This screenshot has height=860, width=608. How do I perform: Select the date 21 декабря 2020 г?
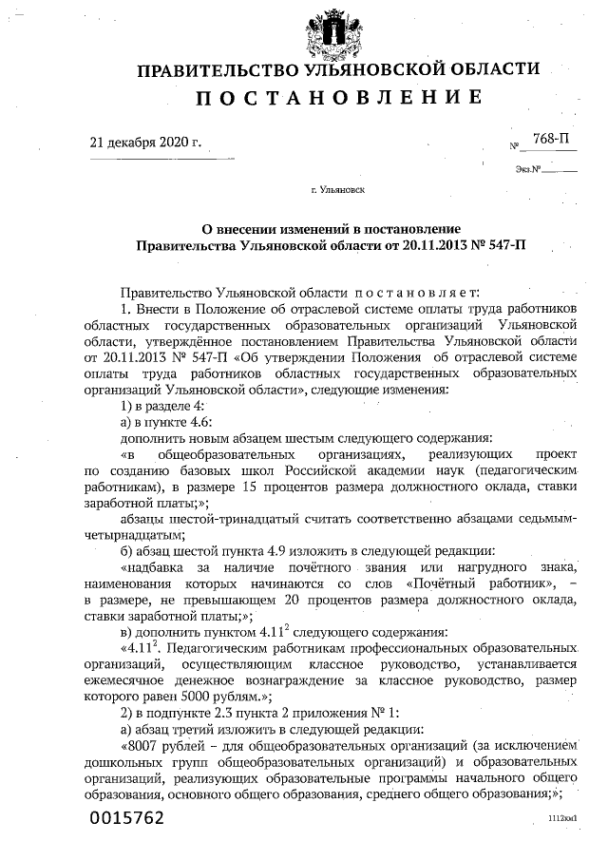click(145, 143)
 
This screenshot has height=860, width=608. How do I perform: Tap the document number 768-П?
click(552, 139)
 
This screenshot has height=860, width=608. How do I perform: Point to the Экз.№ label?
click(528, 170)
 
